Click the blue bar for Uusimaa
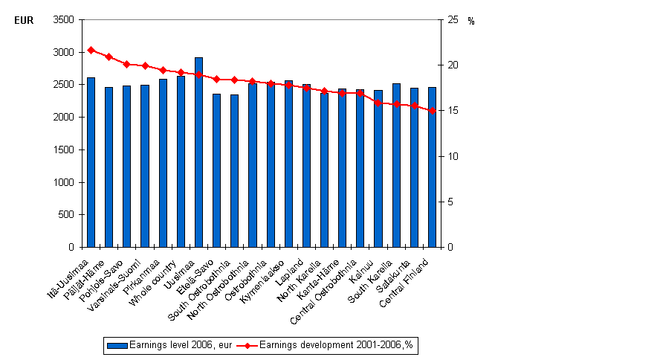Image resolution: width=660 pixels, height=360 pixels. tap(198, 152)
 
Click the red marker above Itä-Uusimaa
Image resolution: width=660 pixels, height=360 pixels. tap(91, 50)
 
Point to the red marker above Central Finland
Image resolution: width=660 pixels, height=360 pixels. tap(432, 111)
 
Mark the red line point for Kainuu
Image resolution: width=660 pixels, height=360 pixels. tap(378, 103)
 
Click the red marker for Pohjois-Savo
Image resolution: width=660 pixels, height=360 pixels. tap(126, 64)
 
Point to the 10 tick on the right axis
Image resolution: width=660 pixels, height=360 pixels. tap(452, 156)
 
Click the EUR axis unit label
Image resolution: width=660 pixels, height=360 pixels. tap(23, 21)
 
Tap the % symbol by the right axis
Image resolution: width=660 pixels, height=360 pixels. tap(471, 21)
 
